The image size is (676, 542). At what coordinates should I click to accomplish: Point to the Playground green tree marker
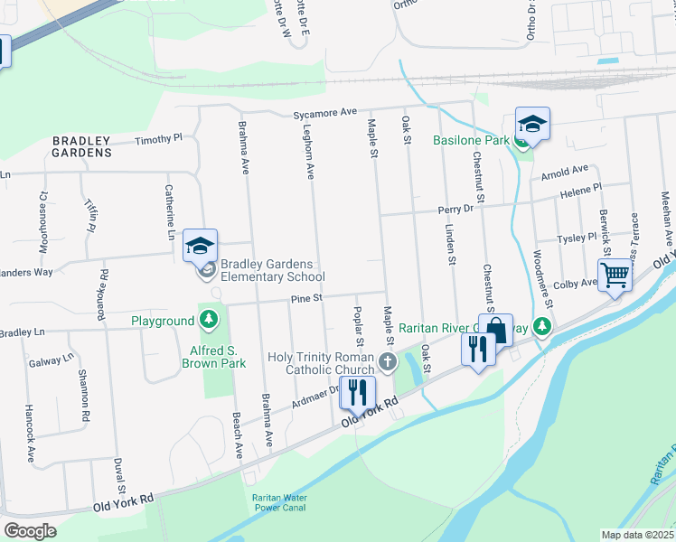(x=209, y=320)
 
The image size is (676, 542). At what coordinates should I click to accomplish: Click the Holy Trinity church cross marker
(x=388, y=363)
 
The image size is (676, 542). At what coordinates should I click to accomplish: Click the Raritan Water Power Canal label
(x=279, y=504)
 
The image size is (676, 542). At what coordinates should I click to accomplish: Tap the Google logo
(x=30, y=531)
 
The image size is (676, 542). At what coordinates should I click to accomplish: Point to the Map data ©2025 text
(x=638, y=535)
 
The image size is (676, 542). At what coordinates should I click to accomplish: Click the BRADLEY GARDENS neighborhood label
(x=81, y=146)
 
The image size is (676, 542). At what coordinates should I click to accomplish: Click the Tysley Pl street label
(x=577, y=238)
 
